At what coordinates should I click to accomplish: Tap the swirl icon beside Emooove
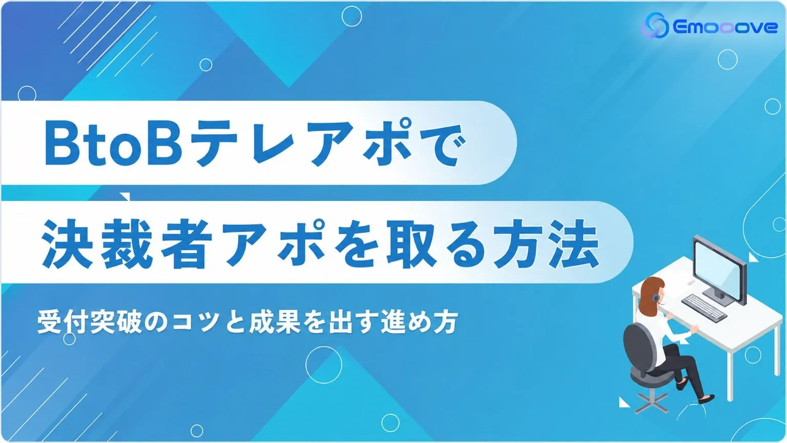pyautogui.click(x=656, y=25)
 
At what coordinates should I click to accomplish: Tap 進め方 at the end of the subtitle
pyautogui.click(x=420, y=322)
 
